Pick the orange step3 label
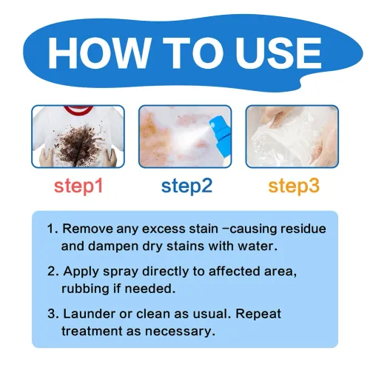(293, 186)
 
